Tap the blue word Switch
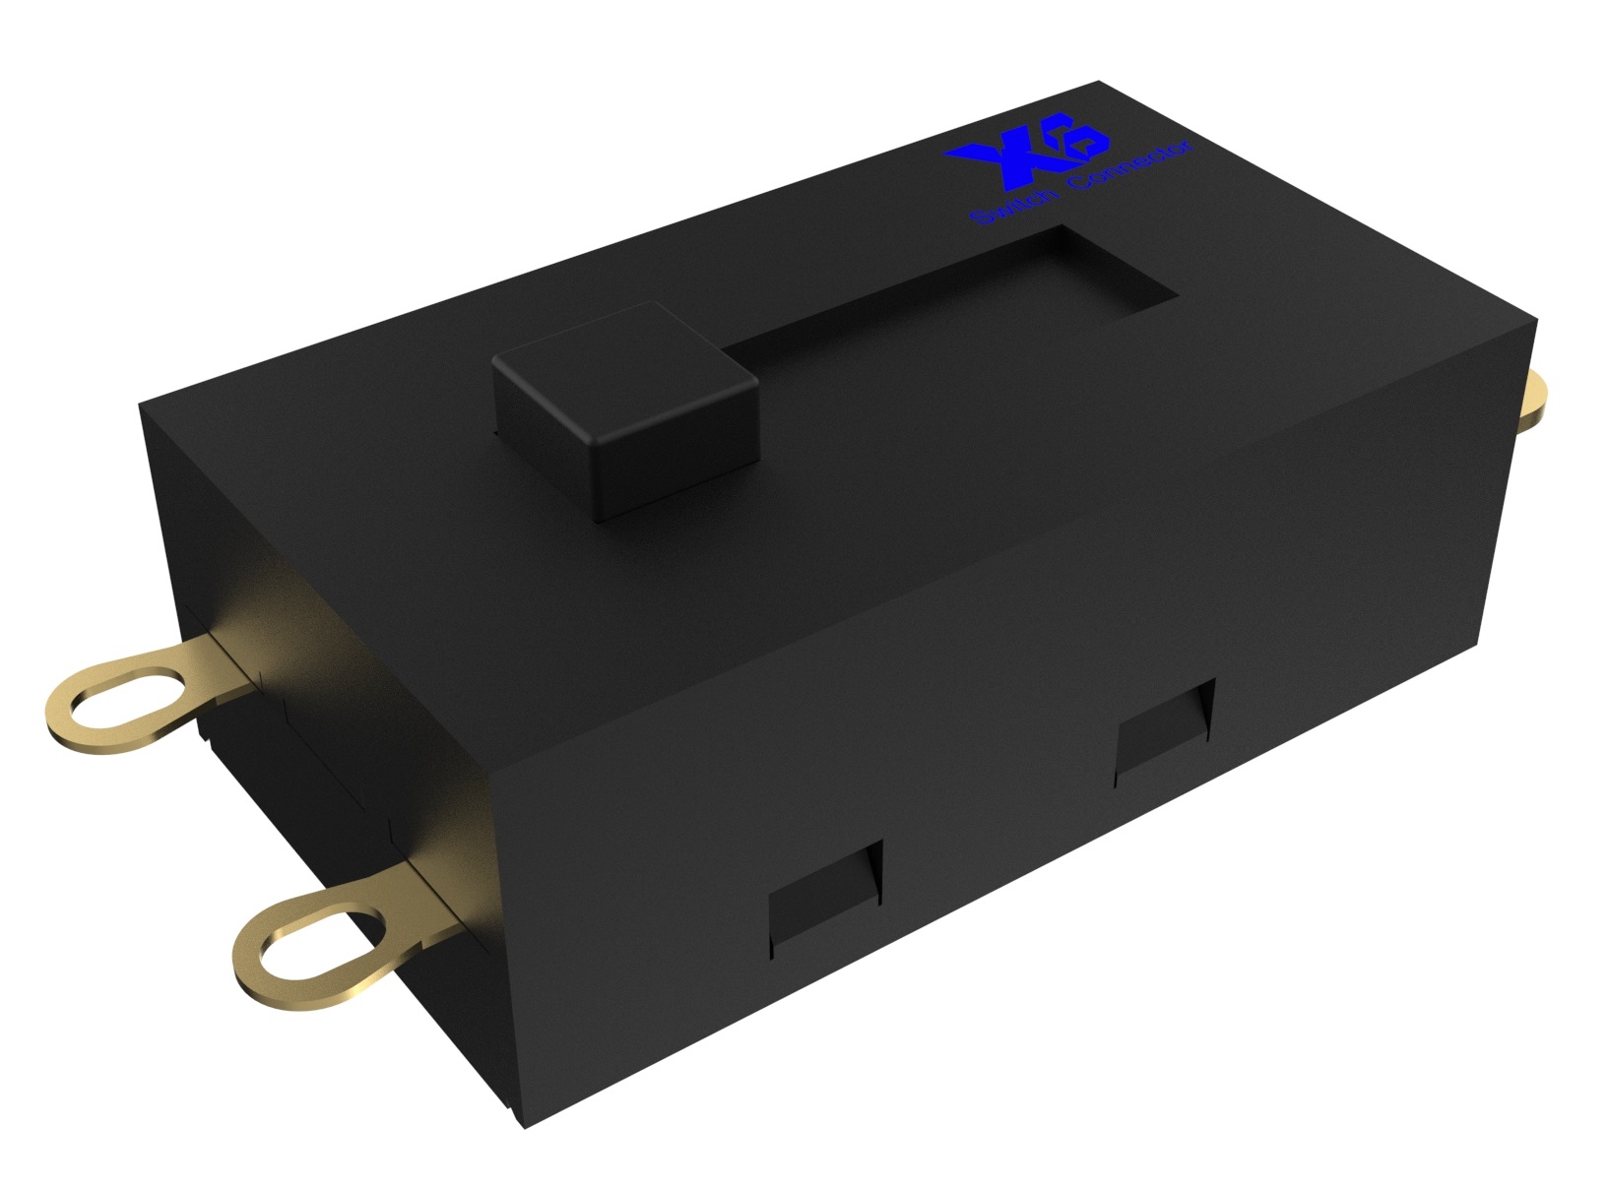click(1016, 204)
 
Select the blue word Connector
click(1131, 165)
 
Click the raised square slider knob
click(624, 409)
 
